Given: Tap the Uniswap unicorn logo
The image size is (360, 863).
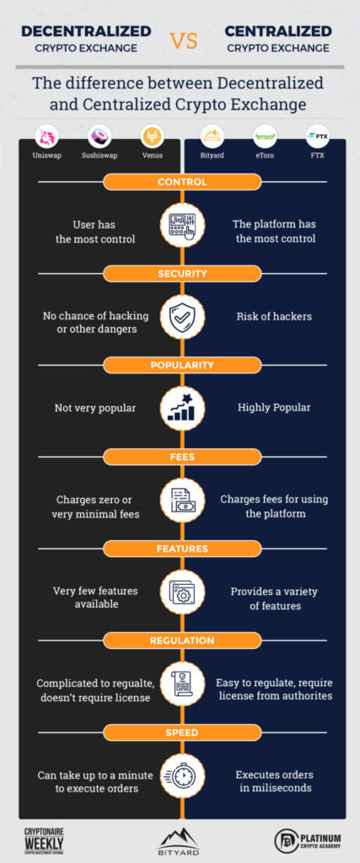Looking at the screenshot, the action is (46, 136).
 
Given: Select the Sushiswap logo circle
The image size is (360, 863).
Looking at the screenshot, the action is (99, 136).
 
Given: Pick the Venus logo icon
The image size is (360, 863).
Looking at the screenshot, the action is (152, 136).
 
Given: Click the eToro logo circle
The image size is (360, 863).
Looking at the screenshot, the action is (265, 136).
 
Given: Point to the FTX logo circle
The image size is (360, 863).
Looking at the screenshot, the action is (317, 136).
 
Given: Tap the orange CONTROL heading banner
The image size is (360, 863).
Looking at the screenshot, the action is (182, 182).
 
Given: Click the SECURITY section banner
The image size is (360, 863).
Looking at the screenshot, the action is (182, 274).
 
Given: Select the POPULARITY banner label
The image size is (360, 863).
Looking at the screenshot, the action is (182, 365).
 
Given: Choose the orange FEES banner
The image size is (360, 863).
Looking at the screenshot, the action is (182, 457).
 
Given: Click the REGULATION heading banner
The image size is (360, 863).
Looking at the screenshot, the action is (182, 641).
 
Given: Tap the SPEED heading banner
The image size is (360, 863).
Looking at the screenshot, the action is (182, 732).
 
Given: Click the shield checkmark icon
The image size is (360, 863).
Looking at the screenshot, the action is (182, 317).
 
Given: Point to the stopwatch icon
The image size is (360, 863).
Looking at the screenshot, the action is (182, 775).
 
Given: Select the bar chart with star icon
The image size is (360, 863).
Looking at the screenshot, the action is (182, 409).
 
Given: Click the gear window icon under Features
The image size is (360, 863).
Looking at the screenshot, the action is (182, 592).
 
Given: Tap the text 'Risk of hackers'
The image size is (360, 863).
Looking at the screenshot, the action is (274, 317).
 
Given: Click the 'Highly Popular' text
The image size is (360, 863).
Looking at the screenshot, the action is (274, 408).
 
